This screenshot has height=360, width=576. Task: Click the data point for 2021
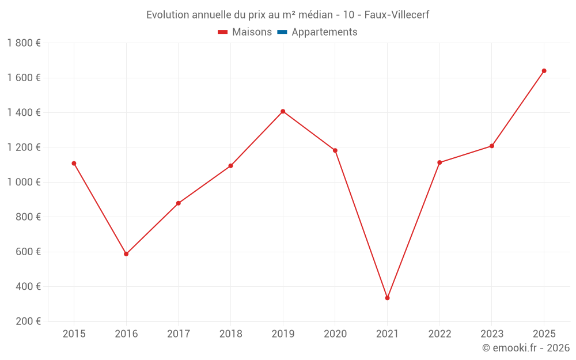(x=387, y=298)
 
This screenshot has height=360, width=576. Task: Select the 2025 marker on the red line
(x=544, y=71)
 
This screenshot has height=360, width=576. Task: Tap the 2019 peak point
(x=283, y=111)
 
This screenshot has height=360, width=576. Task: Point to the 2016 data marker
(x=126, y=254)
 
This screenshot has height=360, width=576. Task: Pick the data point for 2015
(x=74, y=163)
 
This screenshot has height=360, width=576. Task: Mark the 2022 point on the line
(x=439, y=162)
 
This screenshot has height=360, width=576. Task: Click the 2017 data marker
(x=179, y=203)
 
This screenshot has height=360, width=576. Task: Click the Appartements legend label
(x=324, y=32)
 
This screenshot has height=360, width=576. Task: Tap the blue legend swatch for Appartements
(x=282, y=32)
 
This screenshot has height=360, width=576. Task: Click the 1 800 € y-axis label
(x=24, y=43)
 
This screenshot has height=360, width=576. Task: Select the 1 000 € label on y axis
(x=24, y=182)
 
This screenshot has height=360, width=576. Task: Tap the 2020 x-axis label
(x=335, y=334)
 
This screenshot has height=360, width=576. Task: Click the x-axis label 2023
(x=492, y=334)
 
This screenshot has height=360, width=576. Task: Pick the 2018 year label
(x=230, y=334)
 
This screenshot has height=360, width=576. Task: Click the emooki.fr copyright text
(x=525, y=348)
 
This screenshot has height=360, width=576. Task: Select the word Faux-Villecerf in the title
(x=397, y=14)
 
